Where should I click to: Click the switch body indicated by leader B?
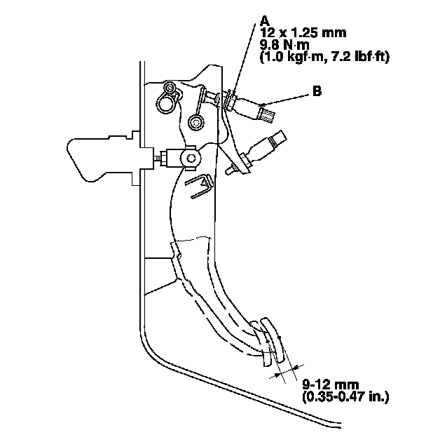260,110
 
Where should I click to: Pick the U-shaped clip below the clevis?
200,186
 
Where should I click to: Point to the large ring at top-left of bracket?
165,102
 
